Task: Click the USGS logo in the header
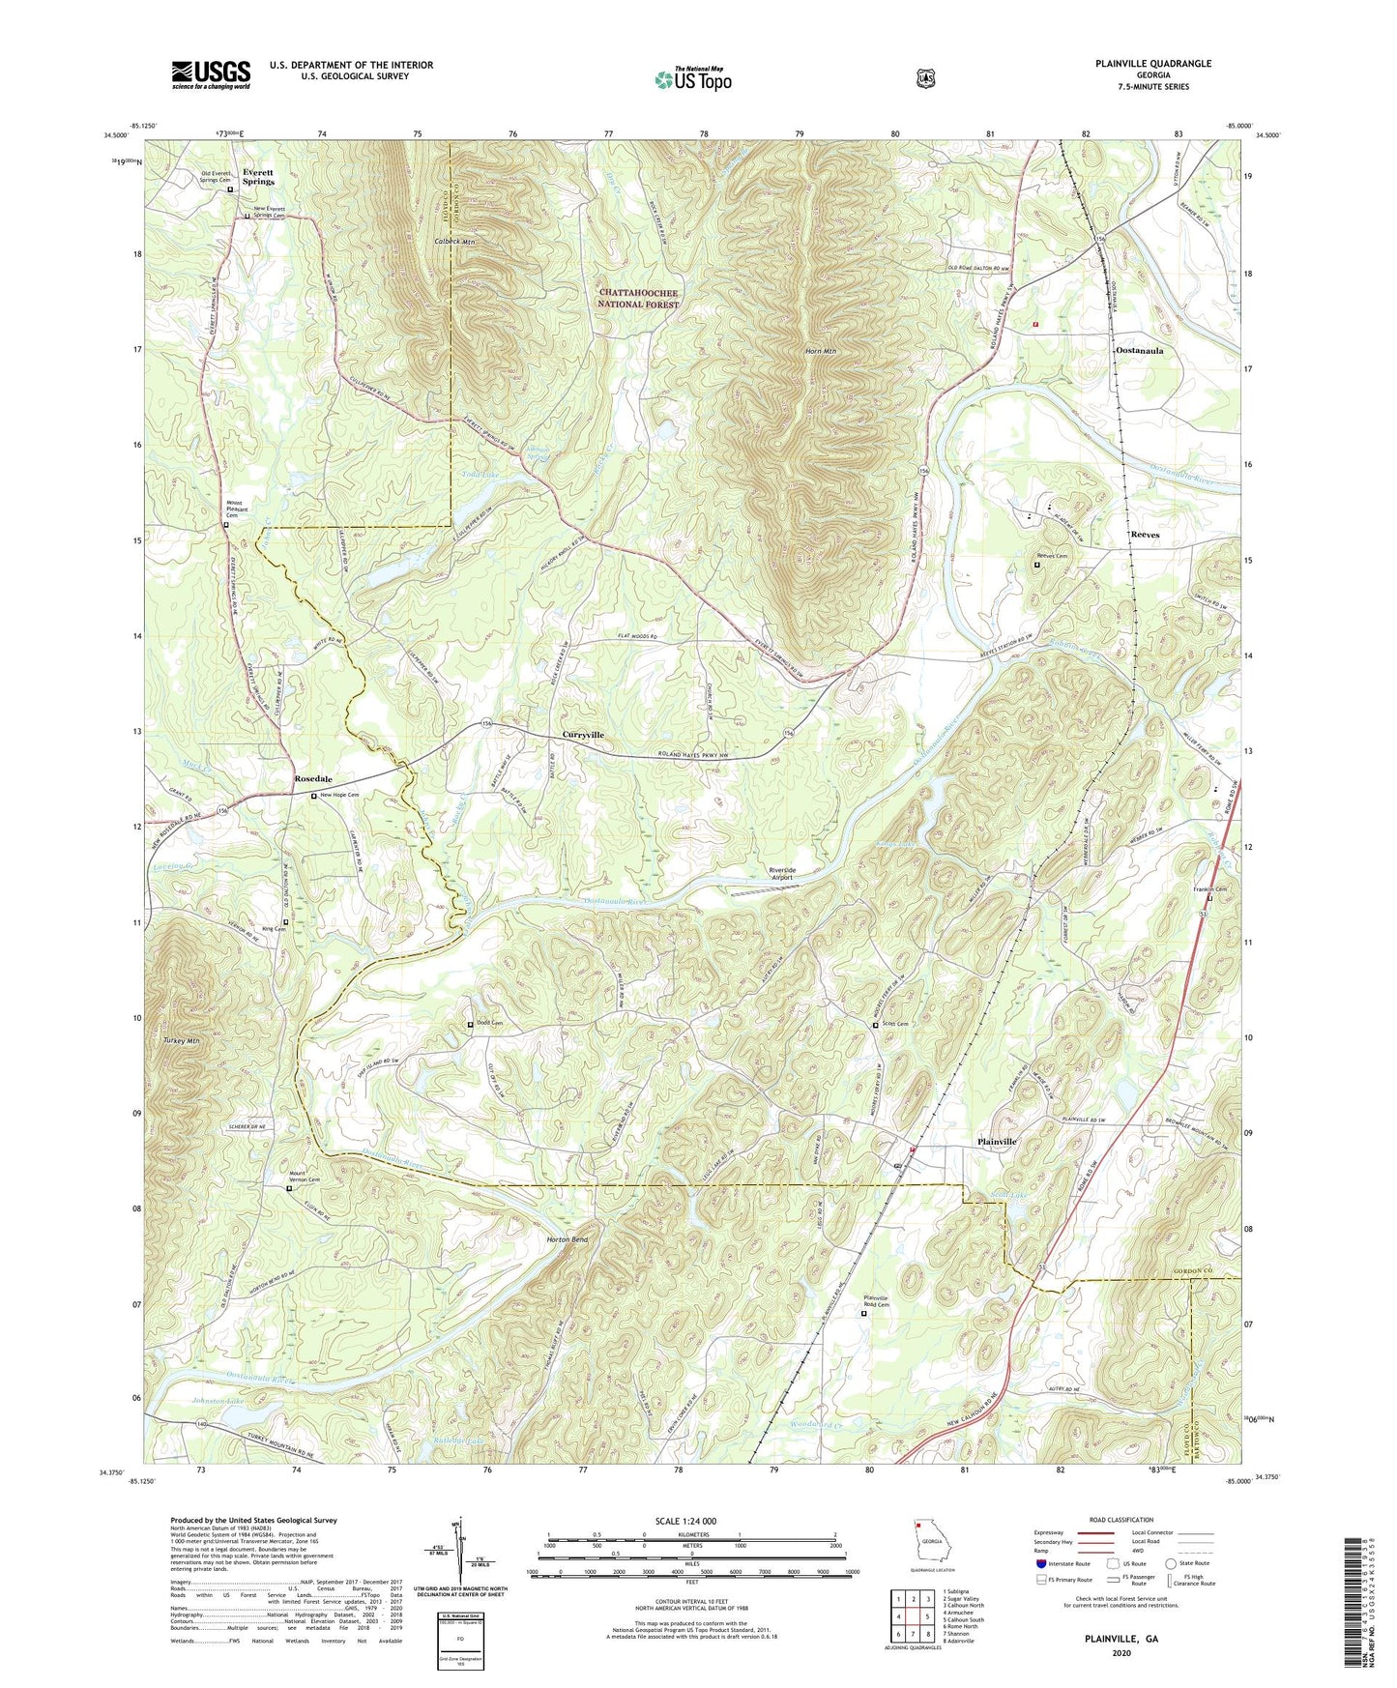[x=211, y=74]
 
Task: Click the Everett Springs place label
[x=258, y=177]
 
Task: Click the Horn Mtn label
[x=821, y=351]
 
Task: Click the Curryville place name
[x=583, y=735]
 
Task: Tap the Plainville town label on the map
[x=996, y=1142]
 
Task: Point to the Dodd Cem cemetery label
[x=491, y=1023]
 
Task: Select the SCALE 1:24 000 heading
[x=685, y=1521]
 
